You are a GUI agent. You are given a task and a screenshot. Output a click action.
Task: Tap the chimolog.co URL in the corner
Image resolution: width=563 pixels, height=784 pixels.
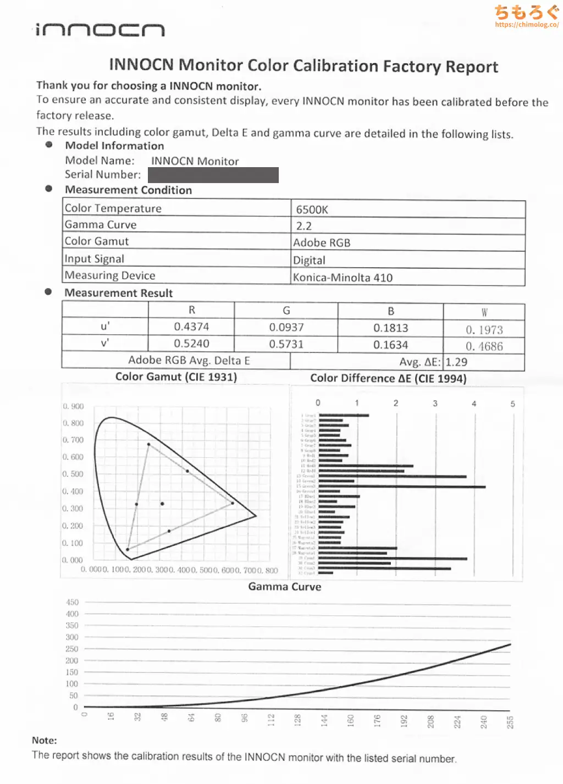pos(526,25)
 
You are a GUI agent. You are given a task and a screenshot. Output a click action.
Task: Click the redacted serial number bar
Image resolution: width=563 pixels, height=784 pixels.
pos(213,175)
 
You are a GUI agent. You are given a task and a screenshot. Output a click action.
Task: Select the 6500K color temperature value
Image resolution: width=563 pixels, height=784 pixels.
pos(312,209)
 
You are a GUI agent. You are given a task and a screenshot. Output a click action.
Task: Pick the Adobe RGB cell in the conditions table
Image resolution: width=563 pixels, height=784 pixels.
pos(322,243)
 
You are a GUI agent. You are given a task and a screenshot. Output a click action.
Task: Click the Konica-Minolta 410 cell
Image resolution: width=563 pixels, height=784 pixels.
pos(343,278)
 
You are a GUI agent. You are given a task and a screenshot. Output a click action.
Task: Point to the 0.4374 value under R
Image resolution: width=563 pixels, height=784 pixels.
pos(191,327)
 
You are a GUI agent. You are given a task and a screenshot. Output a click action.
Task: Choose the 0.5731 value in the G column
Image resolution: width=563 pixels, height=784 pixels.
pos(286,344)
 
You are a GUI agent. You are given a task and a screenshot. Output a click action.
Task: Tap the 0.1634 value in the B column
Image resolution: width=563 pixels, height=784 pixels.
pos(390,345)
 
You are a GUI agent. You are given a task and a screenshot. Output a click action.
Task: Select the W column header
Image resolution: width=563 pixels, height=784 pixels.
pos(484,312)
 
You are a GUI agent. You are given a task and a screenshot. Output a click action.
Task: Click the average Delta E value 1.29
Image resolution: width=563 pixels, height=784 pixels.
pos(456,362)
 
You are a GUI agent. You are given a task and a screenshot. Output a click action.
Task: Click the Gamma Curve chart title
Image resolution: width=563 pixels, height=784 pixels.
pos(284,587)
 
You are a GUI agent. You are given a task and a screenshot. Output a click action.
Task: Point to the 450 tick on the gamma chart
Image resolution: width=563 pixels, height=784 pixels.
pos(72,603)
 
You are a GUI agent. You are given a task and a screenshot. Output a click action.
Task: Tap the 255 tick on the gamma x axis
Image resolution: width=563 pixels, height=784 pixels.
pos(510,722)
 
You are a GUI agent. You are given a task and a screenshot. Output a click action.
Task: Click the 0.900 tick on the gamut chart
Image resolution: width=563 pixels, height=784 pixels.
pos(73,406)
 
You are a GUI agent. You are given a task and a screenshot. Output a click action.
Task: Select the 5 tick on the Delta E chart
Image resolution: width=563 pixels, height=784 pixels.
pos(512,404)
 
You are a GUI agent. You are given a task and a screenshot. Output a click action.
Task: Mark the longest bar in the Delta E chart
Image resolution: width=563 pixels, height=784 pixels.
pos(402,487)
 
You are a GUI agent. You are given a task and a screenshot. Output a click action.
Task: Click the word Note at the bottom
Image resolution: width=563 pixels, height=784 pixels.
pos(44,741)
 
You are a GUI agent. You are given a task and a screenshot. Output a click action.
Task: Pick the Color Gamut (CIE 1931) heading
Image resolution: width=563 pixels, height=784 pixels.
pos(176,377)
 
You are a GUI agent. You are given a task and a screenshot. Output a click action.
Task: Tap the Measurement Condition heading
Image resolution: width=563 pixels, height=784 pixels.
pos(128,190)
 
